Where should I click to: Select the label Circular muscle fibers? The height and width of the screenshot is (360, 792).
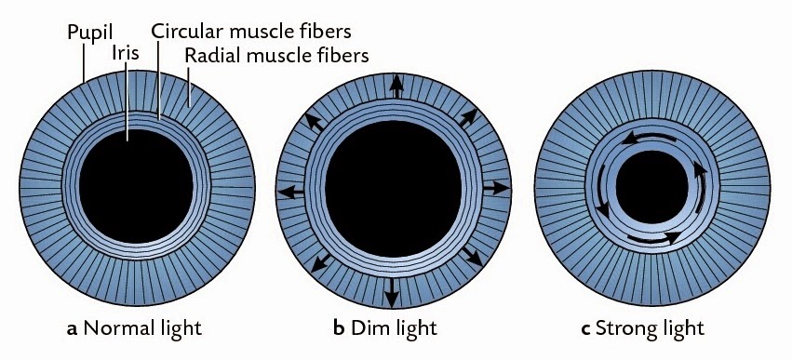coord(246,32)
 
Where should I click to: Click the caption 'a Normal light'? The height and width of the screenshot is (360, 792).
coord(134,327)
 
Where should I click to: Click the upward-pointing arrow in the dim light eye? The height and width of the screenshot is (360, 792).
coord(396,87)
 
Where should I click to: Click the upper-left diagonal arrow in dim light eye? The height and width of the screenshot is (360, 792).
coord(317,123)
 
